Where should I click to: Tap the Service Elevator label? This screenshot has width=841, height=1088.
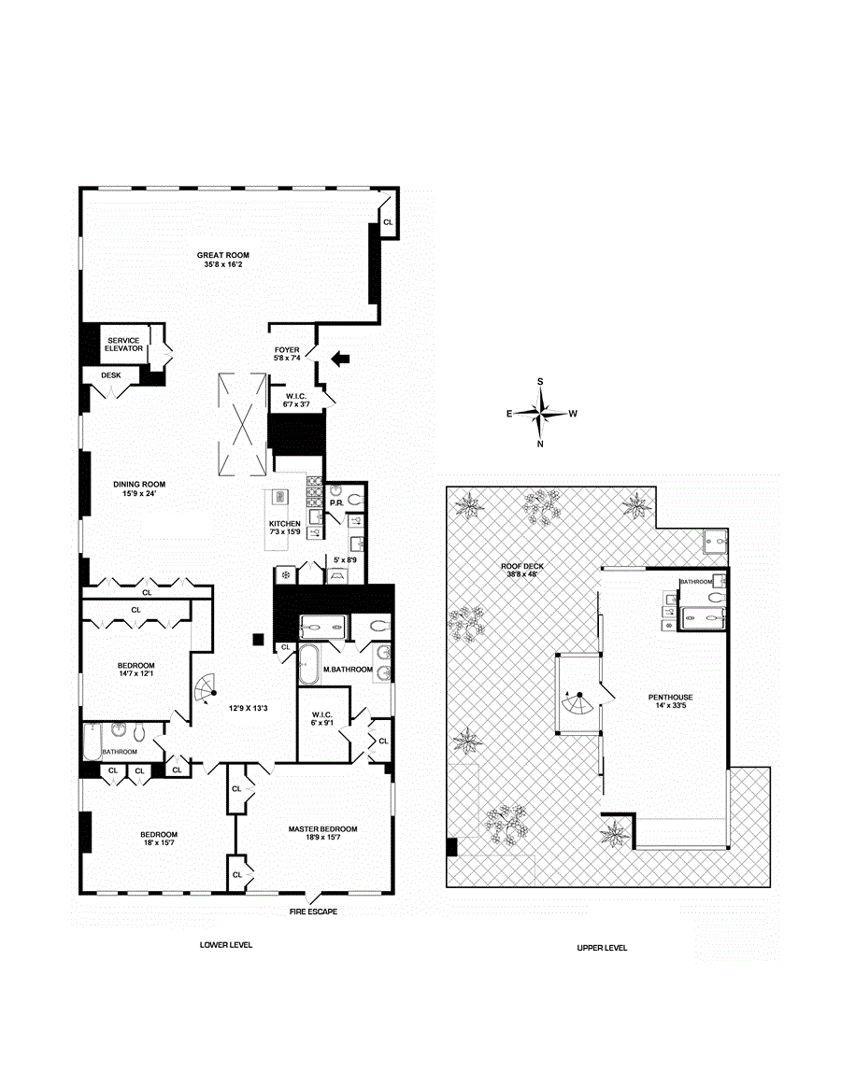(x=124, y=345)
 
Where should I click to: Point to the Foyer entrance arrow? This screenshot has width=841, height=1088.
(x=342, y=357)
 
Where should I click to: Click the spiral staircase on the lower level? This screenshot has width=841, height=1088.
(x=205, y=691)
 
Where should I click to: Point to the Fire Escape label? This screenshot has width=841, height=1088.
(x=313, y=911)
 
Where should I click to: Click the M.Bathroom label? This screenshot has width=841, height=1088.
(x=348, y=670)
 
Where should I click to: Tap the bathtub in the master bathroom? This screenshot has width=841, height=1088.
(x=307, y=665)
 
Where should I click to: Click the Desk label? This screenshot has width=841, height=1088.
(x=112, y=375)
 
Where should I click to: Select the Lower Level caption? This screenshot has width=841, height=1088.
(x=226, y=945)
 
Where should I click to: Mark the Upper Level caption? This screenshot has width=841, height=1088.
(x=602, y=948)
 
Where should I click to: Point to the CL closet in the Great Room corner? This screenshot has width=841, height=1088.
(x=388, y=222)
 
